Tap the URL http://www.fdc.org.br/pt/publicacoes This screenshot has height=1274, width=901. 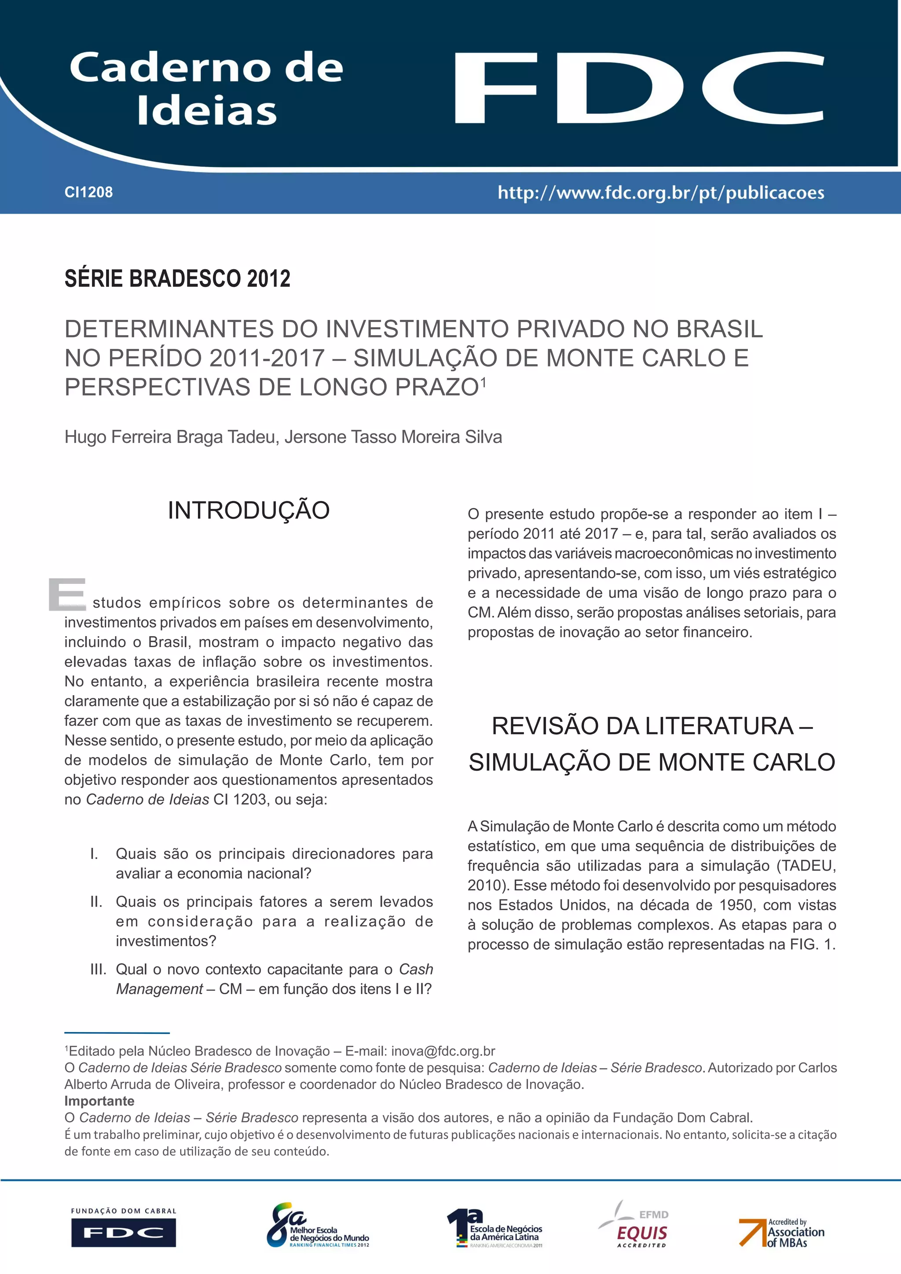pyautogui.click(x=660, y=193)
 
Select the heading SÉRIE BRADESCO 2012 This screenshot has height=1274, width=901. pyautogui.click(x=178, y=278)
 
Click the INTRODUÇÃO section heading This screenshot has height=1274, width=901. pyautogui.click(x=249, y=510)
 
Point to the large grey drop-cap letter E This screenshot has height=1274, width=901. pyautogui.click(x=67, y=594)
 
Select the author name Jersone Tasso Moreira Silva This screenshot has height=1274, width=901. pyautogui.click(x=393, y=437)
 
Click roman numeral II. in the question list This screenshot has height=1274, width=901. pyautogui.click(x=96, y=902)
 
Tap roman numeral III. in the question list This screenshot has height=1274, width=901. pyautogui.click(x=98, y=970)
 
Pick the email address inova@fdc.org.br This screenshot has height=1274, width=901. pyautogui.click(x=443, y=1051)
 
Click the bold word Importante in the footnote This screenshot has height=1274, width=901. pyautogui.click(x=99, y=1101)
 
